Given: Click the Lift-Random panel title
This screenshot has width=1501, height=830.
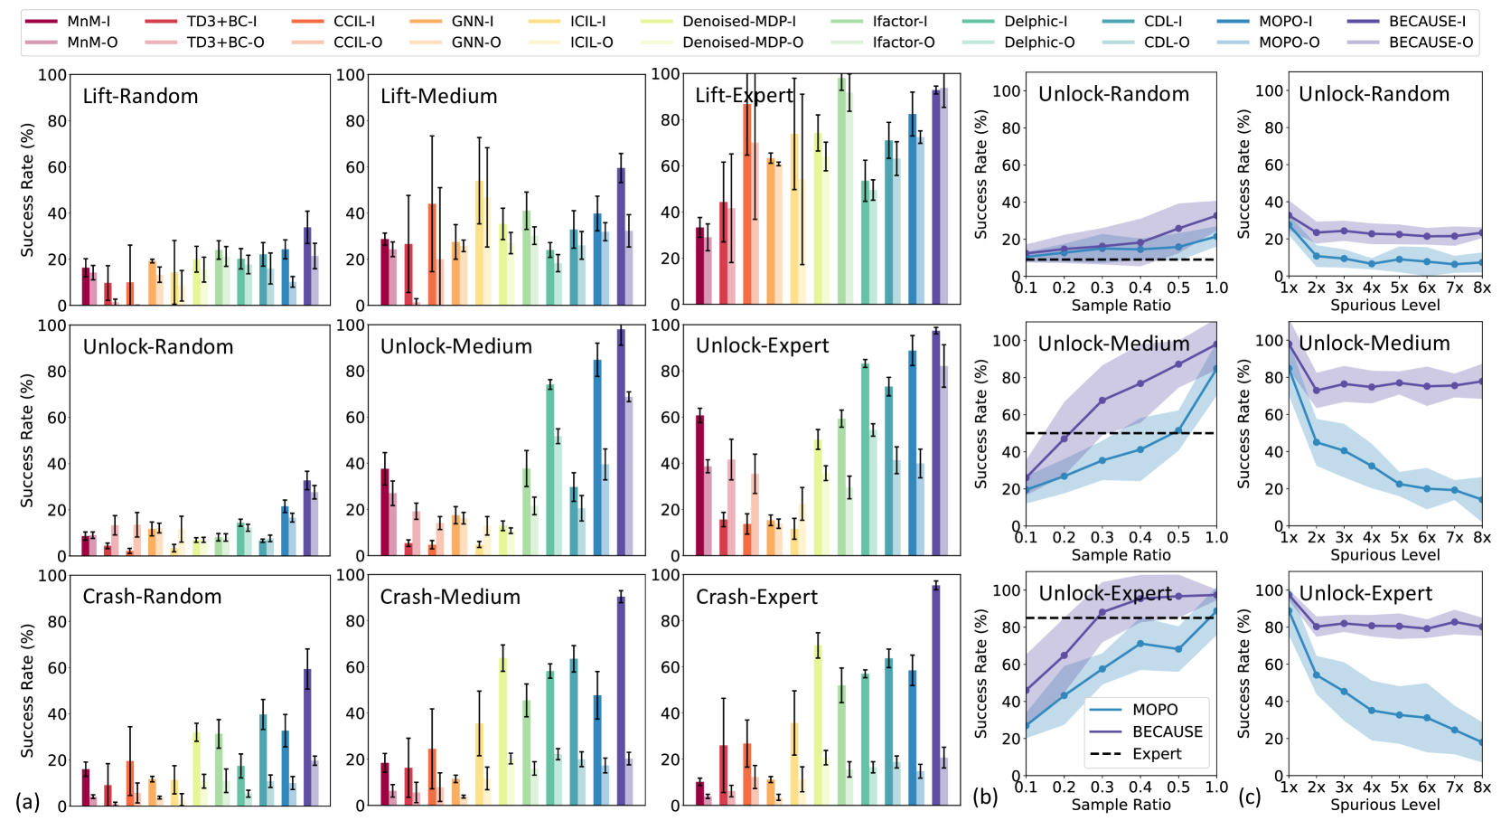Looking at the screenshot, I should tap(140, 97).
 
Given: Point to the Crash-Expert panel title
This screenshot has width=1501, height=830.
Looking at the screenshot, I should tap(756, 597).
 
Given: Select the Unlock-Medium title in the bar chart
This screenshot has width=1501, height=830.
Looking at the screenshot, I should tap(455, 346).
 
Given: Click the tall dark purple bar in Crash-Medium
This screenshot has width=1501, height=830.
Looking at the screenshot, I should tap(621, 700).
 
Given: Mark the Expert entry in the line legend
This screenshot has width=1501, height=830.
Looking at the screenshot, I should tap(1156, 754).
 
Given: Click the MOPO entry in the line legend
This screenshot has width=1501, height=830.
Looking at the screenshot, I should tap(1155, 710).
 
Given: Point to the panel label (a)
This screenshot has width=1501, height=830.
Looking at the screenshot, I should tap(27, 800).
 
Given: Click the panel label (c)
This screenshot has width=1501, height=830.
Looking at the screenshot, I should tap(1250, 797).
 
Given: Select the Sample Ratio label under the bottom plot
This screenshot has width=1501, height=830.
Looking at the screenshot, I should tap(1121, 805).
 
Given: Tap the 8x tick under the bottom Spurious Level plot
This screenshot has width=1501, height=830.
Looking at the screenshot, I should tap(1482, 788).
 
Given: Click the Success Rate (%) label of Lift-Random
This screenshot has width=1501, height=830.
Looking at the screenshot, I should tap(28, 190).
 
